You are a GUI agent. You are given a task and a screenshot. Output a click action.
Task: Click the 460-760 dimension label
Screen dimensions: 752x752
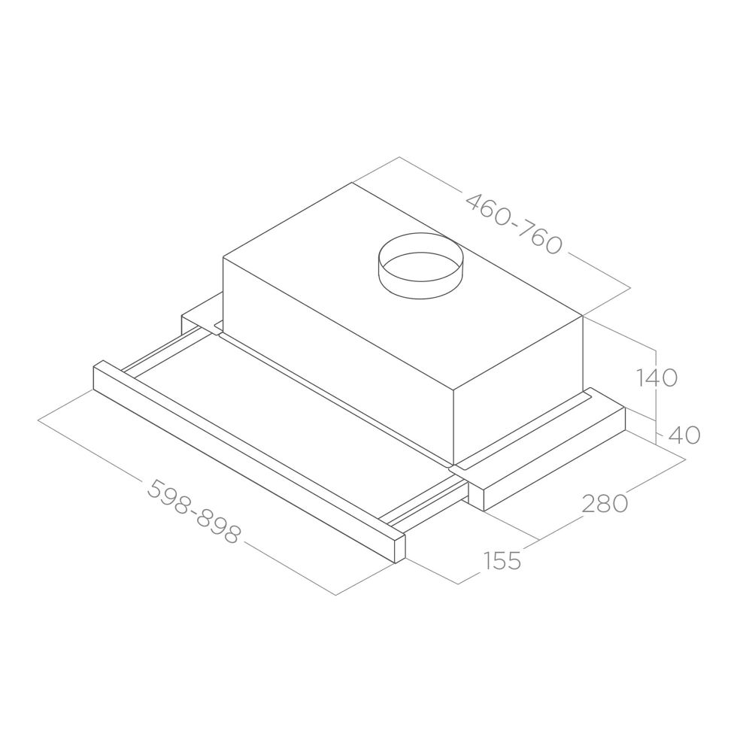[514, 224]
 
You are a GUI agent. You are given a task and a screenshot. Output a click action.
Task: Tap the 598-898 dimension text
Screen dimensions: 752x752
[193, 511]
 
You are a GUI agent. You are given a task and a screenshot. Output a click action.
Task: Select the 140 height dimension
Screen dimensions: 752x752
[656, 378]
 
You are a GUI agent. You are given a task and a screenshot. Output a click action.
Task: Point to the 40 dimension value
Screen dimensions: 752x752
[684, 435]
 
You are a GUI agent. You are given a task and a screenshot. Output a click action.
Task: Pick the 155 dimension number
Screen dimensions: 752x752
[502, 560]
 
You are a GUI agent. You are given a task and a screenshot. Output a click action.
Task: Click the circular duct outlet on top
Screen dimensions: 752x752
[420, 265]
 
